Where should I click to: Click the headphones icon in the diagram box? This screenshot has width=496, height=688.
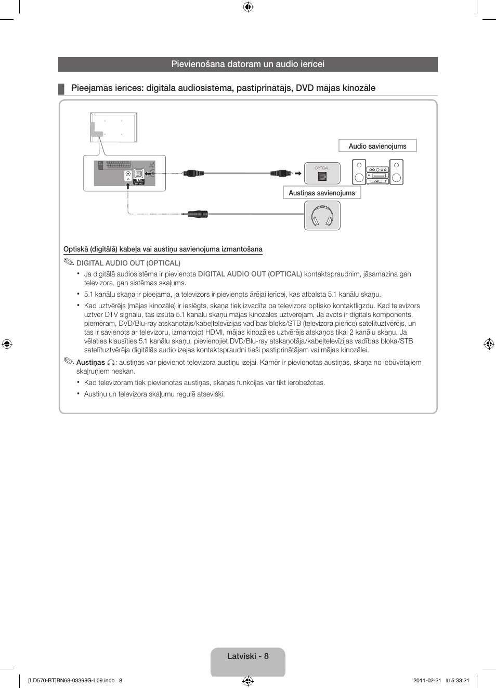point(322,216)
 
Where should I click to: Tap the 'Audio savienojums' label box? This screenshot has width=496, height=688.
point(377,146)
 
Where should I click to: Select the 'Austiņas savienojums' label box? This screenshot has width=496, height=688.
point(321,193)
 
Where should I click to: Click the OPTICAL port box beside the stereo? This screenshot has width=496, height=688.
point(322,174)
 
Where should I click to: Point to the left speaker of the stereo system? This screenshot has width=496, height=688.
point(359,172)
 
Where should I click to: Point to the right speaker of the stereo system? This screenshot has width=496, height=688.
point(396,172)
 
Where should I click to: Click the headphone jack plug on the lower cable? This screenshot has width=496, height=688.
point(196,214)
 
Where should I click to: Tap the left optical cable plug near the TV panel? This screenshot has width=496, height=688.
point(193,173)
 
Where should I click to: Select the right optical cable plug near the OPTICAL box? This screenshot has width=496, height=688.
point(281,173)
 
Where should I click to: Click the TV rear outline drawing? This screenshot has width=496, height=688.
point(113,127)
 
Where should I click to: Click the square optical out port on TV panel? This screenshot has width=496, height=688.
point(139,174)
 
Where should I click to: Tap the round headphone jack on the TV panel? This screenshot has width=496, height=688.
point(128,174)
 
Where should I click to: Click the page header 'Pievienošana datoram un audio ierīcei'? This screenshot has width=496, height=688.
point(247,64)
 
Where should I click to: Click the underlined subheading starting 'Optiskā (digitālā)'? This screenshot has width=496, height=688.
point(163,249)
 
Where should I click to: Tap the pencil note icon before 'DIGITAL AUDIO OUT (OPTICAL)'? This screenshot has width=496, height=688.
point(69,262)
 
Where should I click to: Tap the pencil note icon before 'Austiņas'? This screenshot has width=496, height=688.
point(69,361)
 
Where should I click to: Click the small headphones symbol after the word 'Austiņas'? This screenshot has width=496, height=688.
point(111,363)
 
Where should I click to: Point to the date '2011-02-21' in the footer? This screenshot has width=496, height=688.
point(427,680)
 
